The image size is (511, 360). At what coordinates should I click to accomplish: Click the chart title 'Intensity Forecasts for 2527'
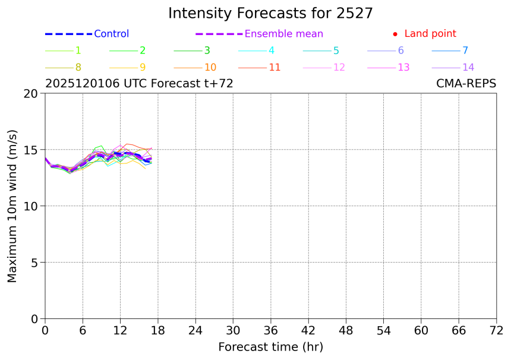[270, 13]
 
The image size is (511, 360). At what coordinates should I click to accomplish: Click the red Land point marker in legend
[395, 34]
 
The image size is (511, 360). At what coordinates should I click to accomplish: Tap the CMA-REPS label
[466, 84]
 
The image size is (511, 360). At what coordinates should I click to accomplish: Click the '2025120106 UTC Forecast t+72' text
[139, 84]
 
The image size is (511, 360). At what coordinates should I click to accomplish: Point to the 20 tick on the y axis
[32, 93]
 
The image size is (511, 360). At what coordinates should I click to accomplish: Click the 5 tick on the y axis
[35, 263]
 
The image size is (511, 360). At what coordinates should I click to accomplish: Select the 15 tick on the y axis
[32, 150]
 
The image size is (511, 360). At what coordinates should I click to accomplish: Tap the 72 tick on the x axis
[496, 330]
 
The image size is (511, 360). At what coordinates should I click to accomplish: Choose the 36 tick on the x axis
[270, 330]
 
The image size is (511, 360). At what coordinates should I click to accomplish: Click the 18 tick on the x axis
[157, 330]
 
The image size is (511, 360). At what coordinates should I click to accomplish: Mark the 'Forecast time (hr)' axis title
[270, 347]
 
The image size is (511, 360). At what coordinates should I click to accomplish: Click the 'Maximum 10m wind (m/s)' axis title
[12, 206]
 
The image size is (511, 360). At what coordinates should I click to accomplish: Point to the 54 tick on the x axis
[383, 330]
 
